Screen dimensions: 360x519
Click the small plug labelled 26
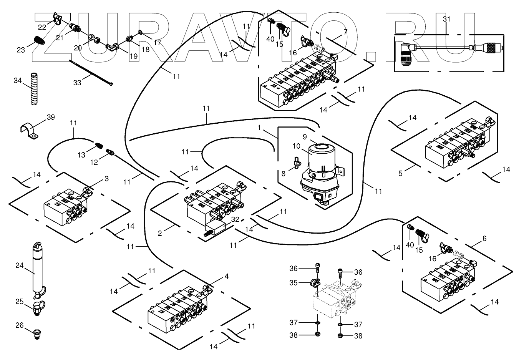coord(38,333)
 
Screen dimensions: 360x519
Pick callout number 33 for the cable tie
coord(77,83)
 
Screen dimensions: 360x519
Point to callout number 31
coord(446,19)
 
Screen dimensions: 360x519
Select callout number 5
coord(400,173)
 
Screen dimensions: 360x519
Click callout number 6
coord(484,239)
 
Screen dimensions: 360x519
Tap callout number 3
coord(106,179)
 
